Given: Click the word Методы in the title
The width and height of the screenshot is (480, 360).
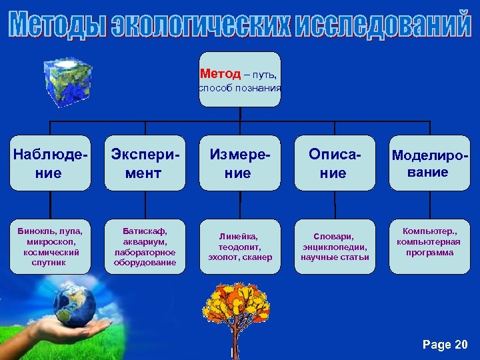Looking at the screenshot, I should coord(57,25).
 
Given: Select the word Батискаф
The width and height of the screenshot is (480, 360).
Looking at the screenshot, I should coord(144,231).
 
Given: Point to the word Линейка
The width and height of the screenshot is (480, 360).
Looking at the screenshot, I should coord(239,236).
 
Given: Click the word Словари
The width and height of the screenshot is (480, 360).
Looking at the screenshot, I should coord(335,236).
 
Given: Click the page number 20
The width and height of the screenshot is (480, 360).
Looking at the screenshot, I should coord(460,345).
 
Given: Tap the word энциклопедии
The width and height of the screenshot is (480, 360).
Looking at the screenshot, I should coord(335,247).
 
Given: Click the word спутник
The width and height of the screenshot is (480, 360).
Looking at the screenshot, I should coord(50,263).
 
